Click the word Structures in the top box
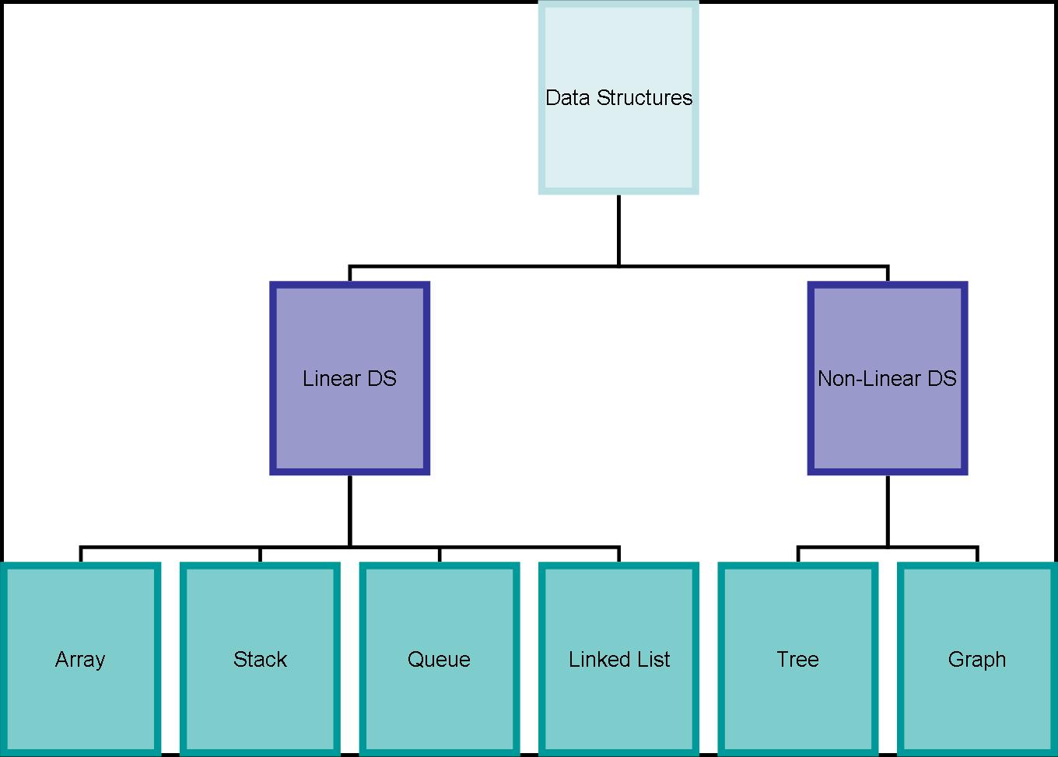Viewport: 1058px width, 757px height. tap(645, 98)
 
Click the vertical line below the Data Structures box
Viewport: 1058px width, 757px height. tap(618, 230)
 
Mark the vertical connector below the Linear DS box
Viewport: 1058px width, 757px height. tap(349, 510)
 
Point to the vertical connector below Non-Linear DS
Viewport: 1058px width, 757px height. tap(888, 510)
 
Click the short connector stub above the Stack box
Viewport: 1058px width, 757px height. tap(260, 555)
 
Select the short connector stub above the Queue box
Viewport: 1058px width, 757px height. tap(440, 555)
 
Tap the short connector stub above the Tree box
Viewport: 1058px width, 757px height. tap(798, 555)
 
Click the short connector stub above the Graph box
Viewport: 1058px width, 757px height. tap(977, 555)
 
